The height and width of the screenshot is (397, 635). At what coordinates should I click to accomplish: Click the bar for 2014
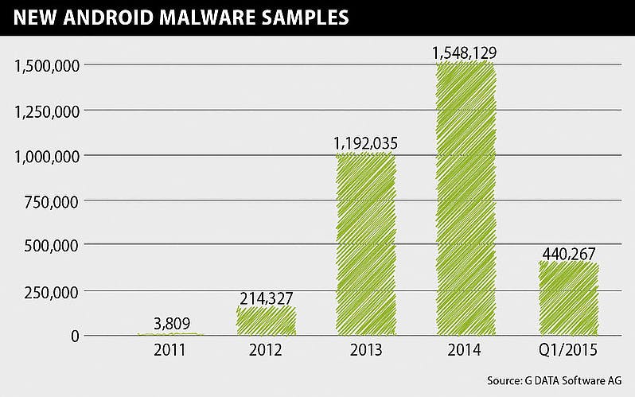click(x=466, y=199)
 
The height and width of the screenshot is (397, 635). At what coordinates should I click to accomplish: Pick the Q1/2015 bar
click(x=567, y=298)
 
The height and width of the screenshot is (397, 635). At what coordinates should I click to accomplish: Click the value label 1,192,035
click(x=366, y=144)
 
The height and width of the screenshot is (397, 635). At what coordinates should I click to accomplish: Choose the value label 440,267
click(x=568, y=254)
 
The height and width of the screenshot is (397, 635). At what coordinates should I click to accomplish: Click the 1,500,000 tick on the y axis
click(x=45, y=65)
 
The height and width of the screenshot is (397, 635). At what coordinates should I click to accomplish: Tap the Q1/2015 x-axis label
click(x=567, y=351)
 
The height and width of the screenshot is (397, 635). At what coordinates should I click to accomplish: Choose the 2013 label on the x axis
click(x=366, y=351)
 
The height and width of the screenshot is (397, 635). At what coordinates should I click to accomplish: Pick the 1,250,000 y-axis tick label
click(x=45, y=111)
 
